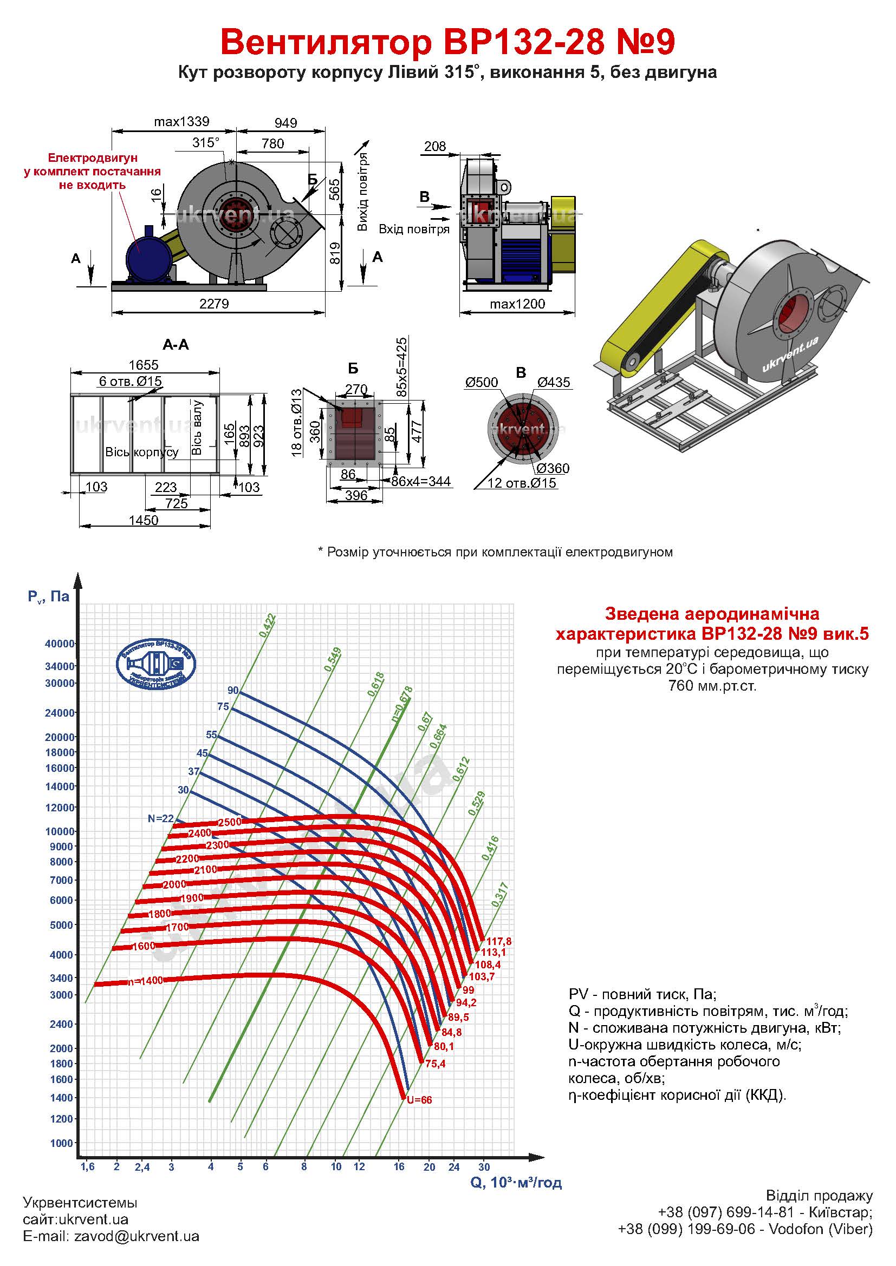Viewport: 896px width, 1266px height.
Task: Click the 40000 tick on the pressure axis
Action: [60, 644]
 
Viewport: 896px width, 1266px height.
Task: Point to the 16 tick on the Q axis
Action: [399, 1166]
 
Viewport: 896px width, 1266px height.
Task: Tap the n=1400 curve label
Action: [145, 981]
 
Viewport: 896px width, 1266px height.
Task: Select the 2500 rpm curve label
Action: [230, 822]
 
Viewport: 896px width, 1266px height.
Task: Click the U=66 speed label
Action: [419, 1100]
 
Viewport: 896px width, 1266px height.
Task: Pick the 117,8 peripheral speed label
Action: [499, 941]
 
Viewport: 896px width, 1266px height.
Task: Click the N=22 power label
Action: [160, 819]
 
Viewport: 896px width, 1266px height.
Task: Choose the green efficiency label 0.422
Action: [268, 626]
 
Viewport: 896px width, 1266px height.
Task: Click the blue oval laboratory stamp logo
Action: [156, 665]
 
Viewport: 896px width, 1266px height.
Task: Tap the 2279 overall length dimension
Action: [214, 304]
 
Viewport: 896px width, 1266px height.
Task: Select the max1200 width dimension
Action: [517, 304]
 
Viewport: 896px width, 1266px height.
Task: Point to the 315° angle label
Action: [205, 143]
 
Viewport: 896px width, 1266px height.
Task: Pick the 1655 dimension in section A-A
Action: [144, 365]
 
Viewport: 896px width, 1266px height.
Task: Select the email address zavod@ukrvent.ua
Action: [137, 1236]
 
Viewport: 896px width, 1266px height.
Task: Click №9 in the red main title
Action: [645, 42]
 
